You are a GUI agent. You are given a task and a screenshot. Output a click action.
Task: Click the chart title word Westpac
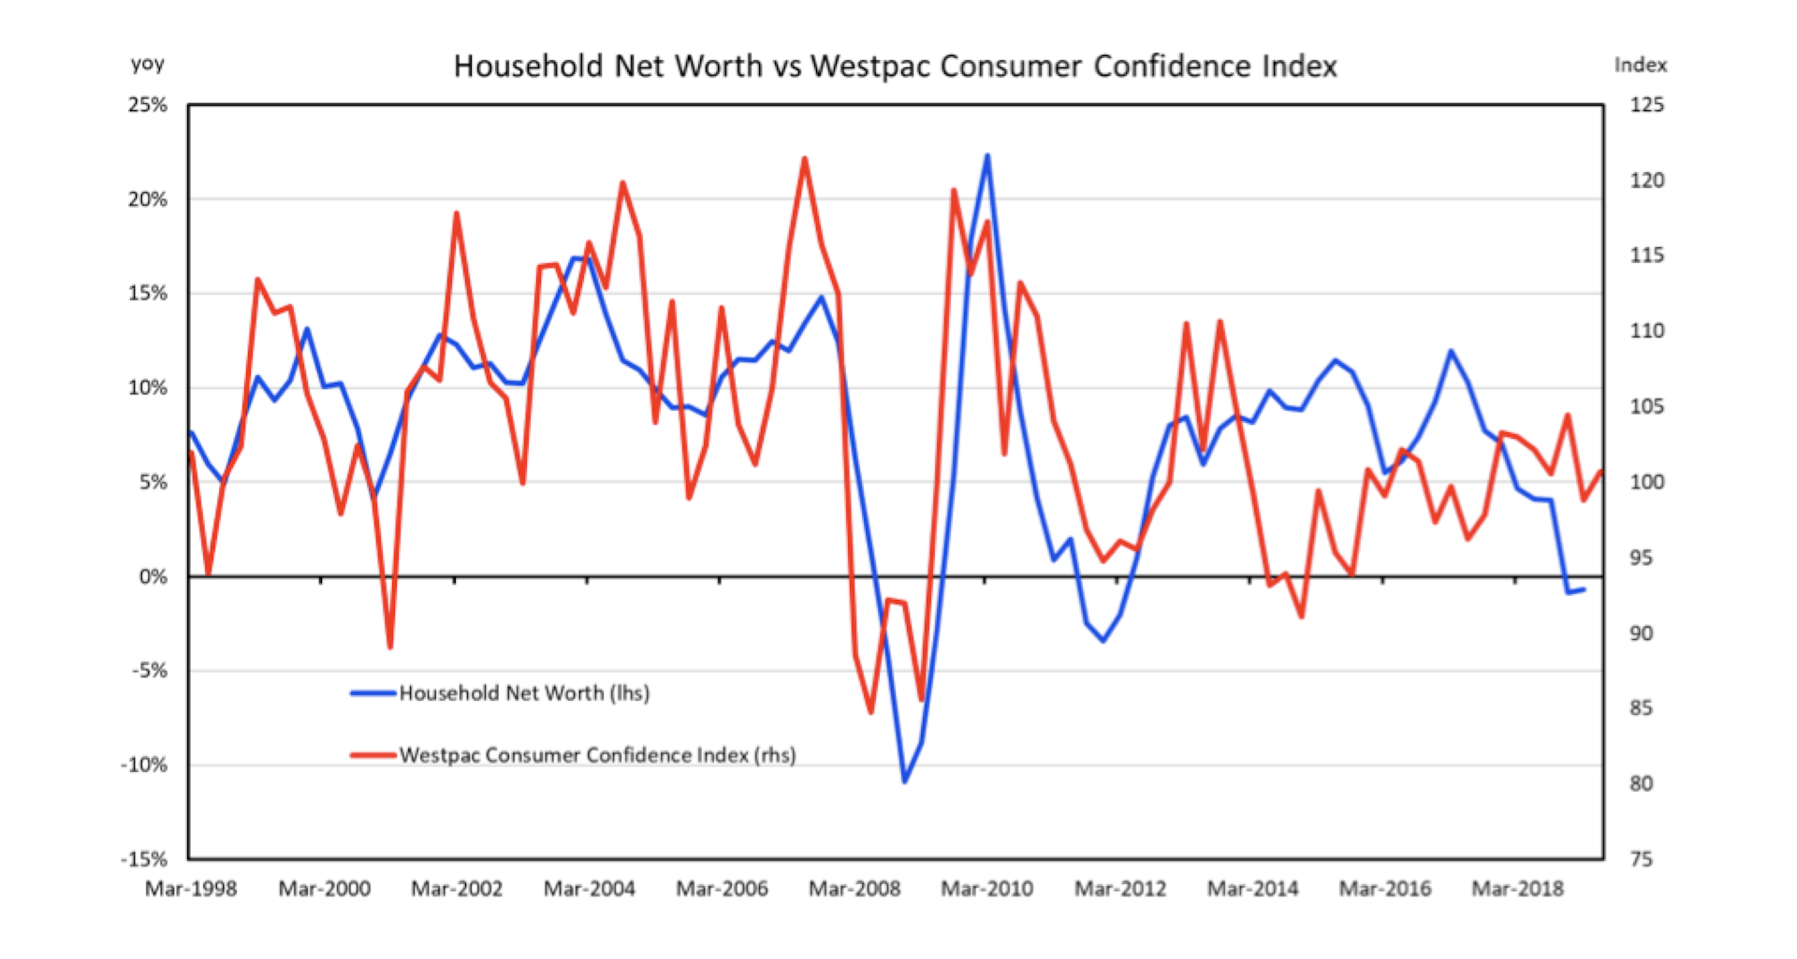[869, 66]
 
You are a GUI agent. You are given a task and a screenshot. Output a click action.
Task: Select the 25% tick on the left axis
[148, 105]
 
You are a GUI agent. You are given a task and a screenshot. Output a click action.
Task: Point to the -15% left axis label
[144, 859]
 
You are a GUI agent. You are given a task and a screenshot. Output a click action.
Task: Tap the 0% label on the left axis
[153, 576]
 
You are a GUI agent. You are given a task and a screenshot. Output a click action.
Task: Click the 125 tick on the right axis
[1646, 105]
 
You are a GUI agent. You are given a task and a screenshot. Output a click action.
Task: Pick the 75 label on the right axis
[1641, 859]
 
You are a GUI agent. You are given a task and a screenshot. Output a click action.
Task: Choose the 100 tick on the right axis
[1646, 482]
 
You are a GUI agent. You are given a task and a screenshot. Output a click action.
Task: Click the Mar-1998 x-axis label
[191, 889]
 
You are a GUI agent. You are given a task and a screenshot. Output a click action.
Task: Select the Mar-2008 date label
[855, 889]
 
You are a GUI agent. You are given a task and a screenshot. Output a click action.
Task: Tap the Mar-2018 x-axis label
[1517, 889]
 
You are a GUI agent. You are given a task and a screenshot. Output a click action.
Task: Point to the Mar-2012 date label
[1120, 889]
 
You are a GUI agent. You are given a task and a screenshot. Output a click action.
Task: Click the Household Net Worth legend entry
[524, 693]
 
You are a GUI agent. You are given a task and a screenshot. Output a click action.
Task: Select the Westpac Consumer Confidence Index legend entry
[597, 755]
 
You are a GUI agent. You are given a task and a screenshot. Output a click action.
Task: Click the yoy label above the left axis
[147, 65]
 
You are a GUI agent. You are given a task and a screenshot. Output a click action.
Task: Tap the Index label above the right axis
[1640, 65]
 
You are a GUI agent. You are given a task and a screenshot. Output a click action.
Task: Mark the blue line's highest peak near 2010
[987, 156]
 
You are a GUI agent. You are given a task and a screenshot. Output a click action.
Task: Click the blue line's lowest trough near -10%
[905, 781]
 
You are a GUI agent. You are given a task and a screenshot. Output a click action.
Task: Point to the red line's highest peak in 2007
[804, 159]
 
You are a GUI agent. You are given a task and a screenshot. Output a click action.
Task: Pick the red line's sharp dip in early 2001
[390, 647]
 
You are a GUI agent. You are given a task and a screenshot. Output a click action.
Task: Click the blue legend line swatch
[373, 693]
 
